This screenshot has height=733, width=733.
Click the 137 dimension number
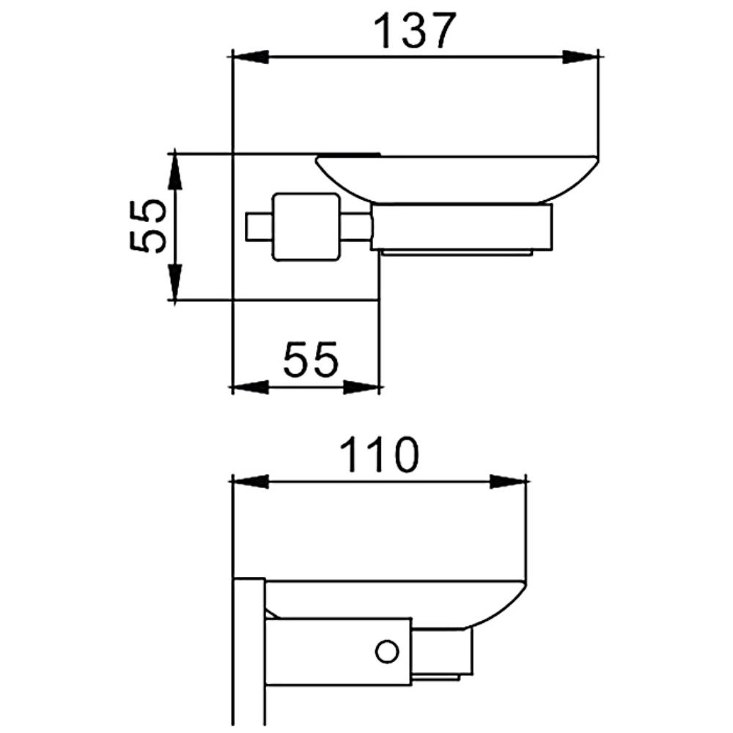click(x=415, y=31)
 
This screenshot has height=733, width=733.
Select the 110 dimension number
click(x=379, y=454)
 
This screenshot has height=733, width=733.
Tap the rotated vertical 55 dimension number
click(x=148, y=226)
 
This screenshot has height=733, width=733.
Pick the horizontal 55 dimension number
click(x=310, y=359)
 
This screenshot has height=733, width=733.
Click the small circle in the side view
click(x=387, y=651)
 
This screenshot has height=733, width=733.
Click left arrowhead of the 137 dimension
click(x=251, y=57)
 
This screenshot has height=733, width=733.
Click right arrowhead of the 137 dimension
click(x=580, y=57)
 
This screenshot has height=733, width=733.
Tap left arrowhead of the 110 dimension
click(x=251, y=482)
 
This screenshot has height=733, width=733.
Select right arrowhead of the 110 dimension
click(x=509, y=482)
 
